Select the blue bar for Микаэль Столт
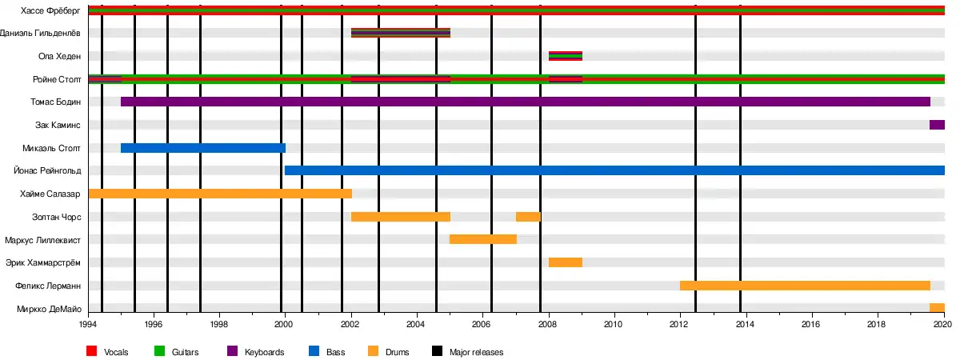tap(202, 148)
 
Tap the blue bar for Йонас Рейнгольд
tap(614, 170)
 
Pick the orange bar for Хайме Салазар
tap(220, 194)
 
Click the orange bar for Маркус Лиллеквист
tap(483, 239)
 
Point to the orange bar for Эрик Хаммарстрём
tap(566, 262)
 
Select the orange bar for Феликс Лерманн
tap(805, 286)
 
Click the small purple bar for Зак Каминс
tap(937, 125)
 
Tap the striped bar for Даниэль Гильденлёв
tap(401, 33)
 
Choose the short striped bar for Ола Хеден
tap(566, 56)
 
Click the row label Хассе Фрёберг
tap(51, 10)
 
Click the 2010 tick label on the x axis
tap(614, 324)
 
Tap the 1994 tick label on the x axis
tap(88, 324)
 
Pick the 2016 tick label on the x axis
tap(812, 324)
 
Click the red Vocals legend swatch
tap(92, 352)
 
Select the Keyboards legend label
tap(263, 352)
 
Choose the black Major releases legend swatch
tap(437, 352)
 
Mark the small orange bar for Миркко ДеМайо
tap(937, 308)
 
